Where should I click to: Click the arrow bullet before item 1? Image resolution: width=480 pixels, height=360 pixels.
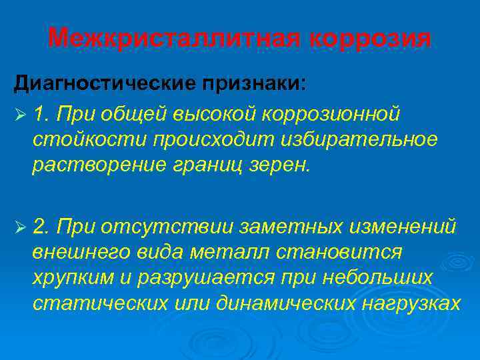(19, 115)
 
